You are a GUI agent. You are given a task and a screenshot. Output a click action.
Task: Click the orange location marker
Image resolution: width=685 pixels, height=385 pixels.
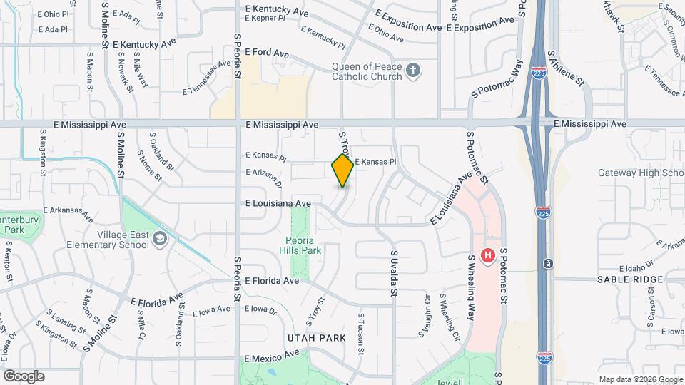[x=342, y=170]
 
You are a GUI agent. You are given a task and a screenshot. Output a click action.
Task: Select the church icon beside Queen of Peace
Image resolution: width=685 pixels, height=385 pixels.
[x=412, y=70]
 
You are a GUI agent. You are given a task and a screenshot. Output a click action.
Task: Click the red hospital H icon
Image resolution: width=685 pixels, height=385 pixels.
[x=489, y=255]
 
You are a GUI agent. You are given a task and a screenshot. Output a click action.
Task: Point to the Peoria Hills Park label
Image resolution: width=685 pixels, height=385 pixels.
[x=303, y=245]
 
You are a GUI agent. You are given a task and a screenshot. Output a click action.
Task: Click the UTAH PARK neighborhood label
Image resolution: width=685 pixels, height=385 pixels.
[x=316, y=337]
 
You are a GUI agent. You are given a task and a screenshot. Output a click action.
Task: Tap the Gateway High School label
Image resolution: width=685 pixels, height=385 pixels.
[x=641, y=173]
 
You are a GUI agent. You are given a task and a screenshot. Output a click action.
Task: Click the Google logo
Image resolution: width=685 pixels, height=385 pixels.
[x=24, y=376]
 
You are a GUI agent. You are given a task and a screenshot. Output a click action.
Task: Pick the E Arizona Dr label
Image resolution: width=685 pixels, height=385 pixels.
[x=264, y=173]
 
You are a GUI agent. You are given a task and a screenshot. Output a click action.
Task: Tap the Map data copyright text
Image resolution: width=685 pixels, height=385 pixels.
[x=639, y=379]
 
